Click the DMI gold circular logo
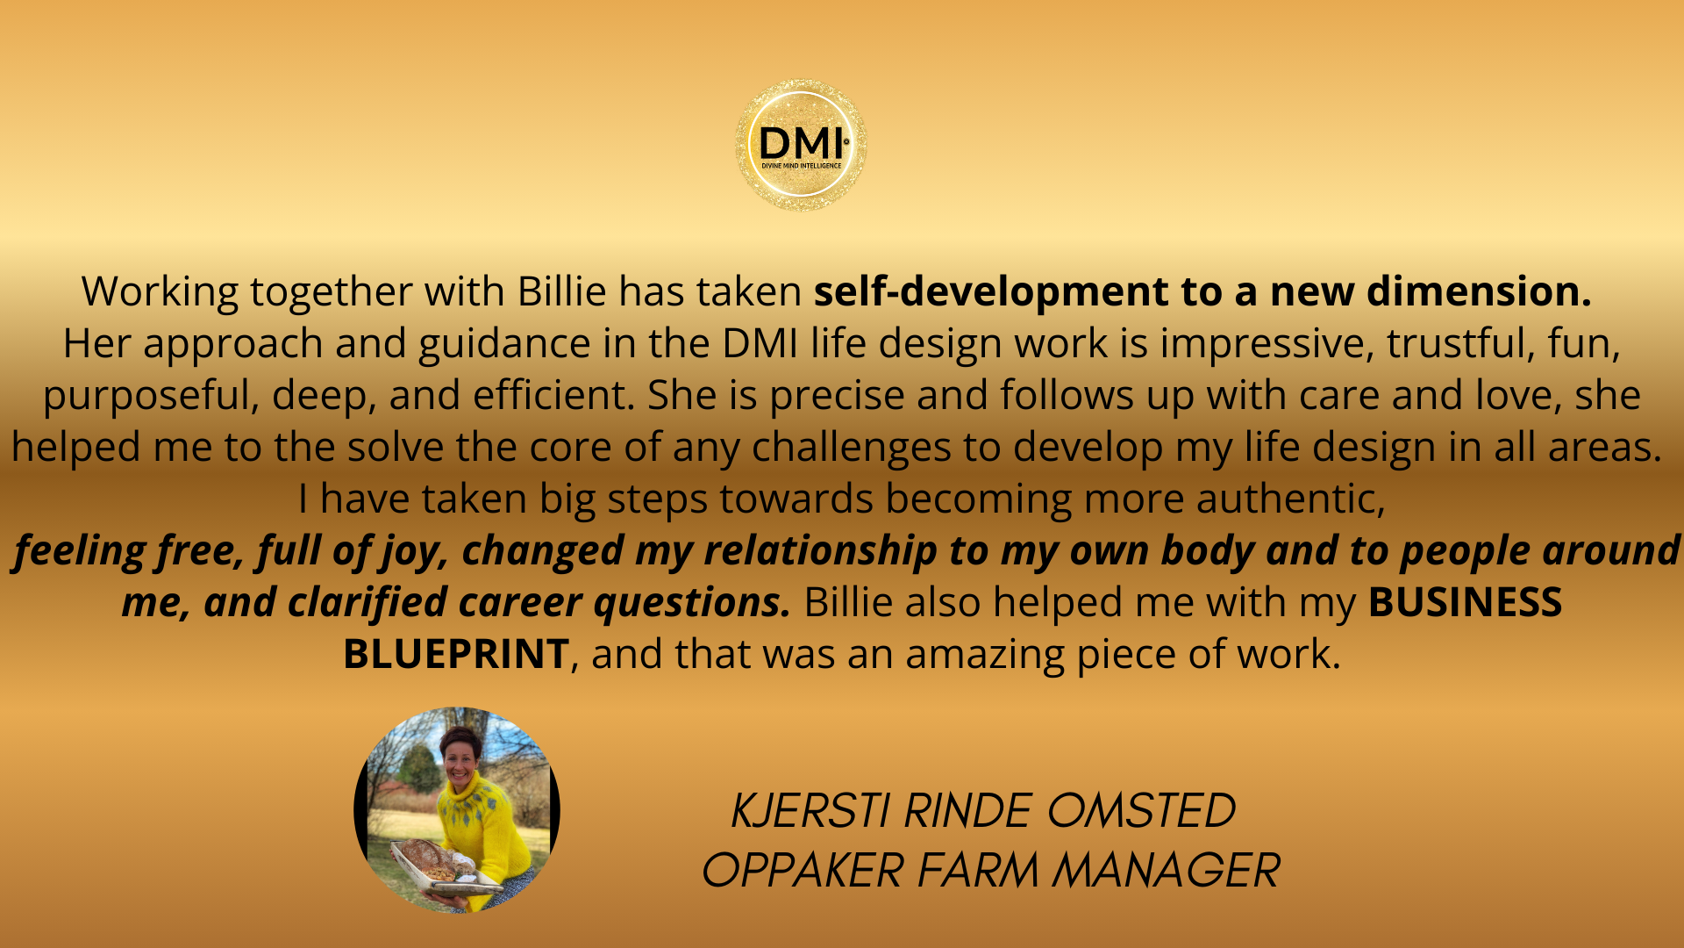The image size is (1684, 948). [x=801, y=145]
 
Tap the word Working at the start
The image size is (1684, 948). [x=160, y=292]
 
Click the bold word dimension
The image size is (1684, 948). [x=1479, y=291]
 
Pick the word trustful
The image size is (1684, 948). [x=1460, y=343]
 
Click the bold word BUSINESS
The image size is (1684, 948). [x=1465, y=602]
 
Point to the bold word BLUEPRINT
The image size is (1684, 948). [x=456, y=654]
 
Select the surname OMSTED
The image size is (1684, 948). [x=1140, y=810]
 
